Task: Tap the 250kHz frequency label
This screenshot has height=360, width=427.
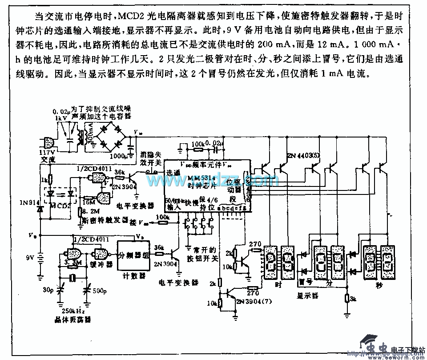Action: coord(74,309)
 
